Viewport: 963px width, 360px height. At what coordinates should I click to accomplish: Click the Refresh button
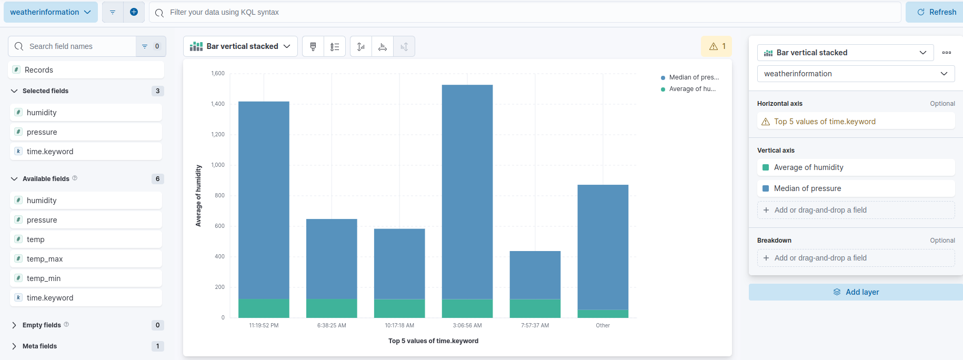[936, 12]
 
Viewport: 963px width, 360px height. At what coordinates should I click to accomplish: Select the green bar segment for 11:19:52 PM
[264, 308]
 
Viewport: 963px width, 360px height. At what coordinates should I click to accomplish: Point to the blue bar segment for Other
[603, 247]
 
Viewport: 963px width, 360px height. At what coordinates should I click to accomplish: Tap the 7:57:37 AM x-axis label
[535, 325]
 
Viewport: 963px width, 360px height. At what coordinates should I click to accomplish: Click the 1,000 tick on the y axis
[218, 165]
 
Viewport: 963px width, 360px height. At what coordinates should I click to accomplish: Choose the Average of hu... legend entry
[691, 89]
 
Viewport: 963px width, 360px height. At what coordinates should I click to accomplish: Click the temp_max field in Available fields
[45, 259]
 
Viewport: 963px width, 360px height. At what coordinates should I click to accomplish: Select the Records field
[39, 70]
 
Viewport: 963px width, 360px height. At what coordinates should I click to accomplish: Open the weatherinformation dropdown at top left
[51, 12]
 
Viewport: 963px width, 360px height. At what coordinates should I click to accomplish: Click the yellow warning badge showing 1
[717, 46]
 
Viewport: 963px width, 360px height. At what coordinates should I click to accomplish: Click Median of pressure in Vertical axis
[807, 188]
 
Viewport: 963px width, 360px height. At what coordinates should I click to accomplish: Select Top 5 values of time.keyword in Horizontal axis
[825, 122]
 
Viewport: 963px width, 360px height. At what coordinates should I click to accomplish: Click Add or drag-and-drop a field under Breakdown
[820, 258]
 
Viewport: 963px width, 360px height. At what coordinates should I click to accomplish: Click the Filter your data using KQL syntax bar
[526, 12]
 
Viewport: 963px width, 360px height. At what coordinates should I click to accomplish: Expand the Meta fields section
[39, 346]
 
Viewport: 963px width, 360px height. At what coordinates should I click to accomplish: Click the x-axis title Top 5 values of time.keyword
[433, 341]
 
